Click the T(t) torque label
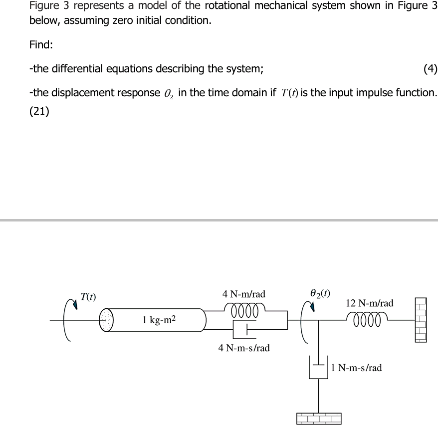point(88,296)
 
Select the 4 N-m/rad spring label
point(243,294)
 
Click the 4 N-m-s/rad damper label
point(244,348)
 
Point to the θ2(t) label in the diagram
point(319,293)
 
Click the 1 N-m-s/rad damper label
point(356,368)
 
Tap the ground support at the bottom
point(319,418)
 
